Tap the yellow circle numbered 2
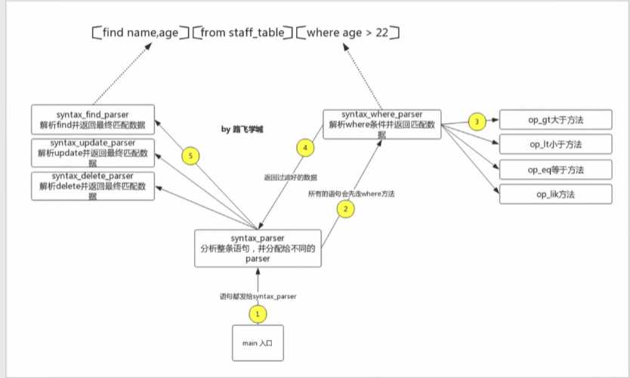tap(345, 210)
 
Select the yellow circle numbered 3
tap(475, 121)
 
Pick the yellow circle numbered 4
tap(304, 148)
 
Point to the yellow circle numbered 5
tap(192, 155)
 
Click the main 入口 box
tap(257, 344)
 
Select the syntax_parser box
tap(257, 248)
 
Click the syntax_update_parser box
tap(93, 152)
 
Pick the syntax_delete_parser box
tap(93, 186)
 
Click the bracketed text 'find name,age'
tap(139, 32)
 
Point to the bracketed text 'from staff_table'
tap(242, 32)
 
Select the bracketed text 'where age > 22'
tap(347, 32)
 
